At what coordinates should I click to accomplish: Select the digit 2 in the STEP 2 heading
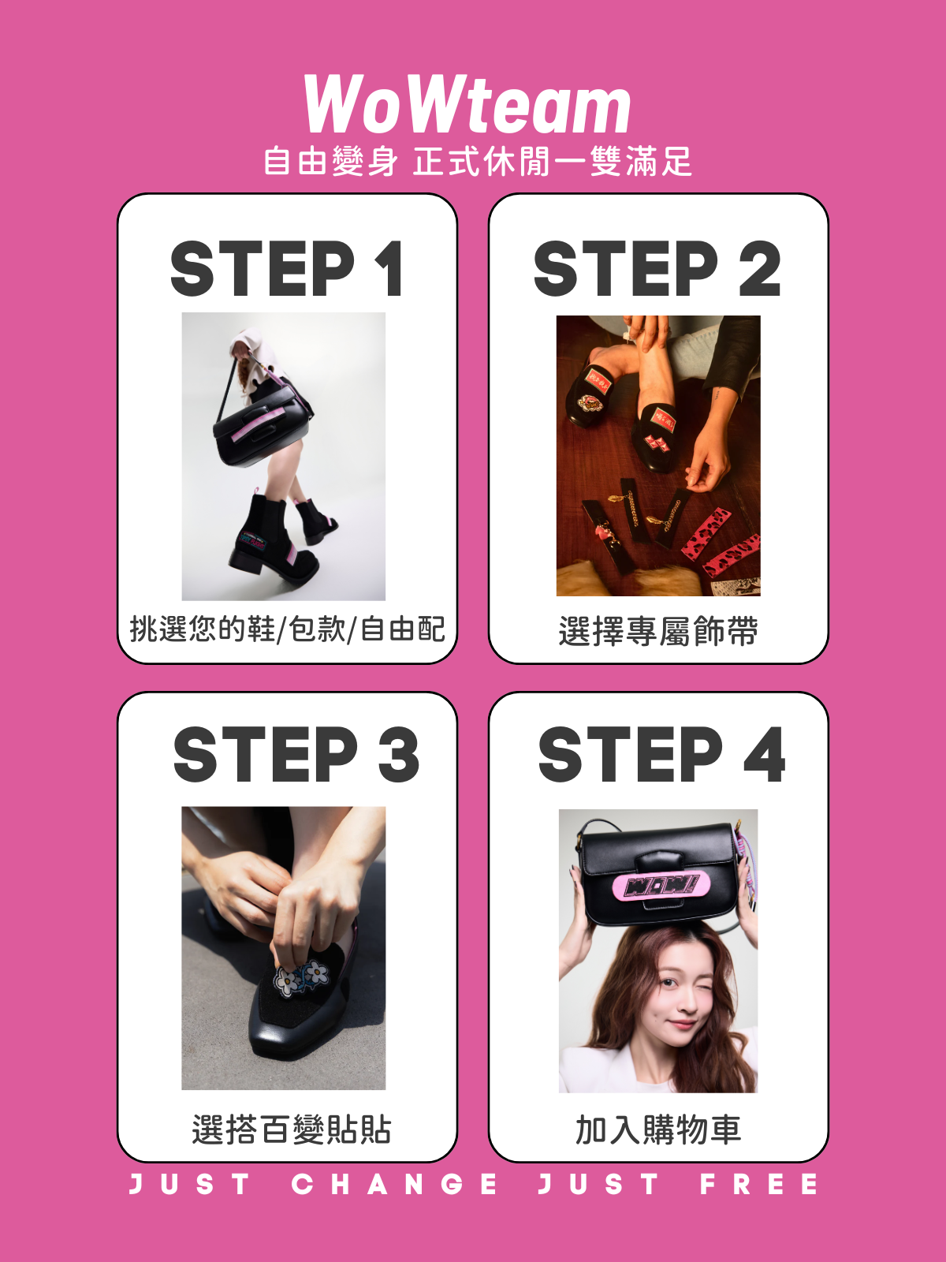coord(759,268)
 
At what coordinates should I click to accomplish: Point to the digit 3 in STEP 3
coord(398,754)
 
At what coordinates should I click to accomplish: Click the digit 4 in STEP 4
coord(765,754)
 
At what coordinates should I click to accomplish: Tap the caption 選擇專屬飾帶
coord(658,631)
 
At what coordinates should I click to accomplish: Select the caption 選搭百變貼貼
coord(292,1129)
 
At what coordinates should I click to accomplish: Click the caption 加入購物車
coord(658,1129)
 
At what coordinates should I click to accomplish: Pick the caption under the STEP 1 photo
coord(287,629)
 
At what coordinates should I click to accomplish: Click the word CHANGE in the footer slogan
coord(394,1185)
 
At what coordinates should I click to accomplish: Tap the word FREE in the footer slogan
coord(758,1185)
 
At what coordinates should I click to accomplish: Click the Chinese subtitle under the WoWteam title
coord(478,162)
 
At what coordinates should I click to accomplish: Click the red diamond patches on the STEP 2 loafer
coord(657,442)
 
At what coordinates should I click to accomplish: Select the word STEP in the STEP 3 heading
coord(266,754)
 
